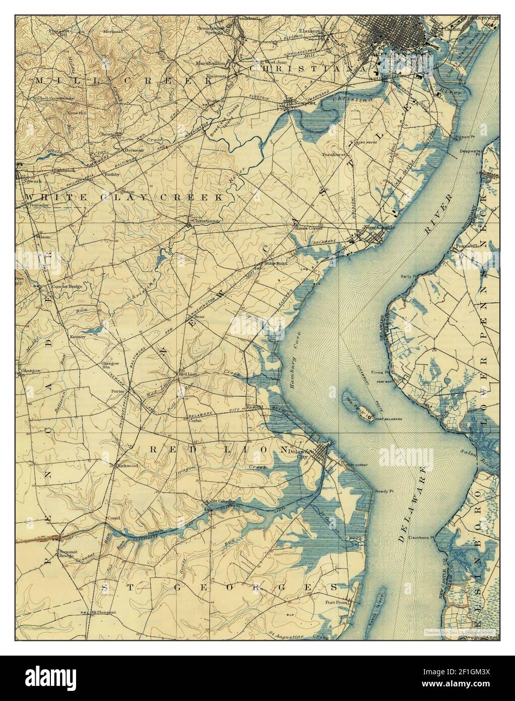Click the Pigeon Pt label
[466, 137]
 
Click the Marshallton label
[211, 64]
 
